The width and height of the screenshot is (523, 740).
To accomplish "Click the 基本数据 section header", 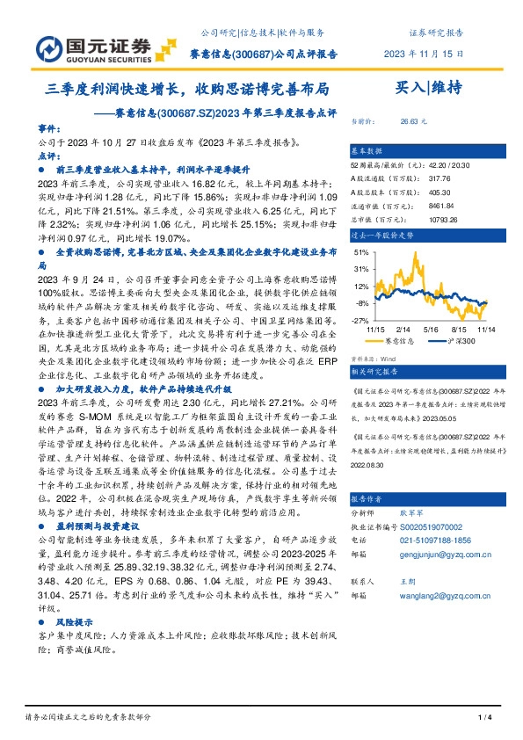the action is click(367, 150).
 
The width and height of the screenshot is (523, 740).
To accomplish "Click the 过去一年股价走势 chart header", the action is click(383, 236).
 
